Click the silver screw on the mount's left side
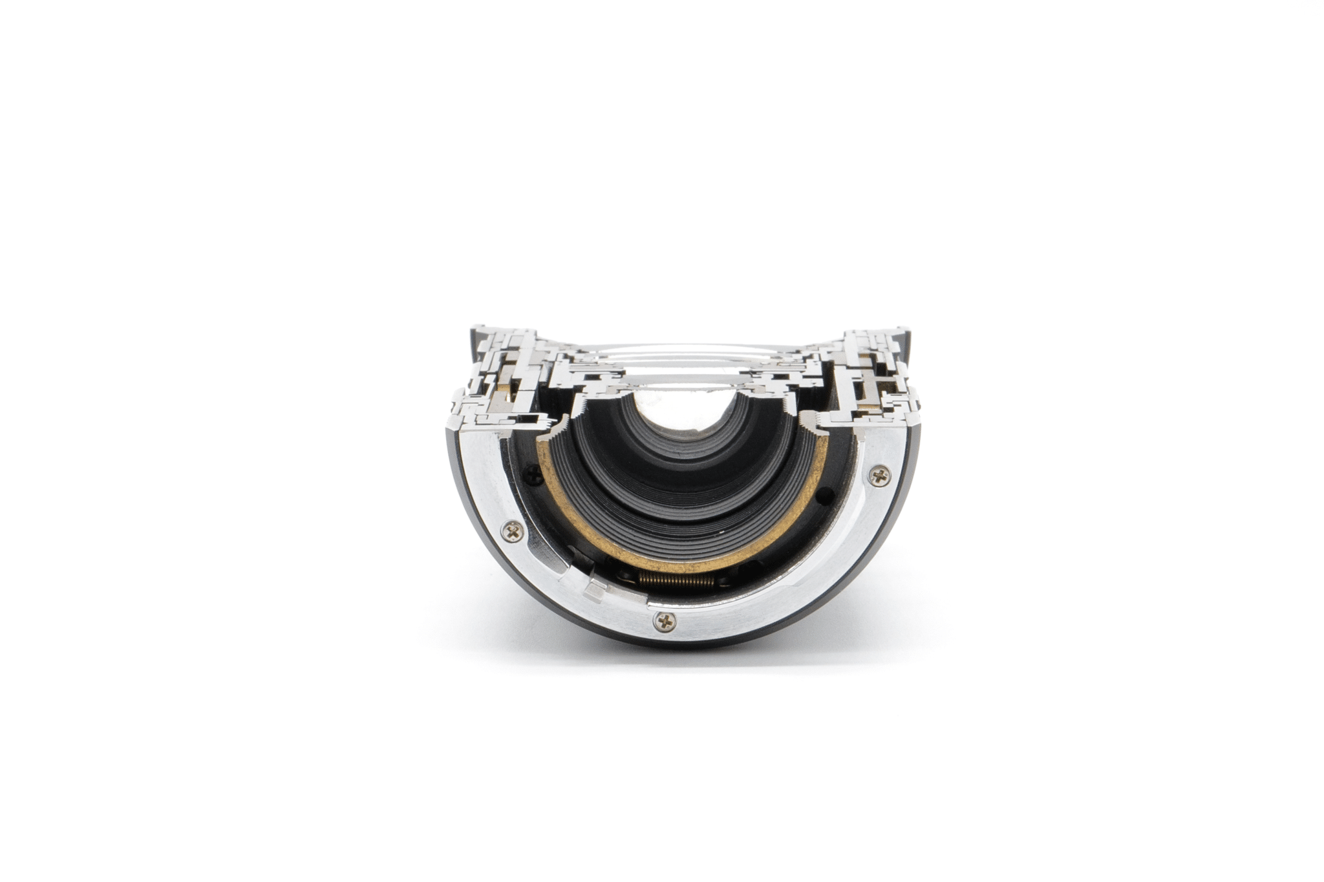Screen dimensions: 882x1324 tap(514, 532)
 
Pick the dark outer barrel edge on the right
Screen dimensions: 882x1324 tap(913, 491)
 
